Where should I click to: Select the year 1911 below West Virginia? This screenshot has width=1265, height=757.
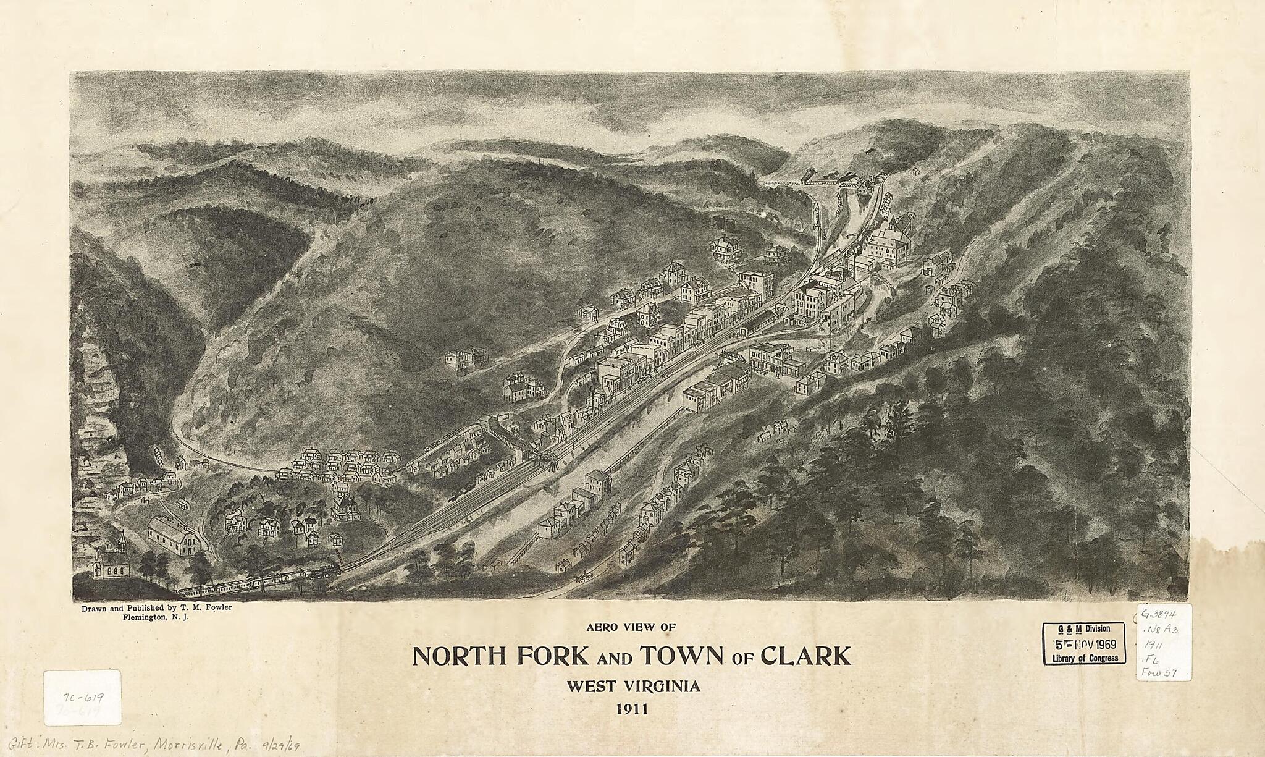631,709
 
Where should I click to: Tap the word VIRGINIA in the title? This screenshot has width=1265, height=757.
659,686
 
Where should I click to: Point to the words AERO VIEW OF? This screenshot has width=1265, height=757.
631,627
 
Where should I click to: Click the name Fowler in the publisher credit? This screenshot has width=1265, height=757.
213,608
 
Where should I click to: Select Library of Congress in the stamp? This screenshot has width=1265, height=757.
1084,658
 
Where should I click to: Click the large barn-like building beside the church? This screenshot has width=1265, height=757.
174,536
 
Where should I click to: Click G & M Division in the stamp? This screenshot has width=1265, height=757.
1083,628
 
